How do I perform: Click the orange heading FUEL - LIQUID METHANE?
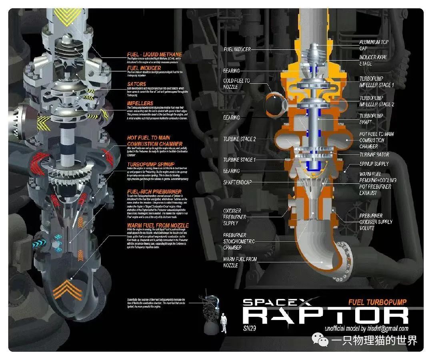tap(154, 54)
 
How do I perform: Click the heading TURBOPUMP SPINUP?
tap(151, 164)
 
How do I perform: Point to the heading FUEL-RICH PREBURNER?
tap(154, 192)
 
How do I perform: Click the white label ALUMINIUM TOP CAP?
tap(374, 45)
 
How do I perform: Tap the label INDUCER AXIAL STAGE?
tap(373, 60)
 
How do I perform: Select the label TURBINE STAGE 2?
tap(239, 139)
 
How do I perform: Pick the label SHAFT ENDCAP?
tap(238, 182)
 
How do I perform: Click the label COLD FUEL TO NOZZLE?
tap(236, 84)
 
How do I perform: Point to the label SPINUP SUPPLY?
tap(374, 164)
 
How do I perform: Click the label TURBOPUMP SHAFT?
tap(371, 119)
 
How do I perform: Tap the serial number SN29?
tap(250, 329)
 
